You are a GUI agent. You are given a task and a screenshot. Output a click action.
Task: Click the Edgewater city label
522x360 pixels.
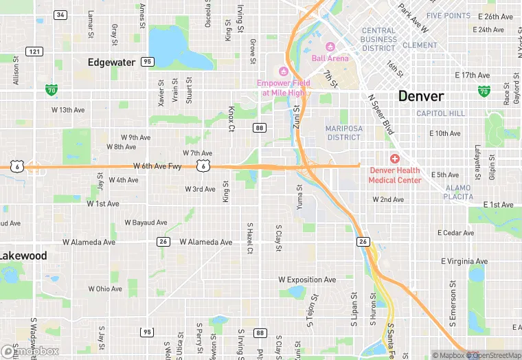coord(111,62)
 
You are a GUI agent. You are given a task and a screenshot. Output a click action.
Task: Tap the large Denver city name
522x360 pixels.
coord(421,95)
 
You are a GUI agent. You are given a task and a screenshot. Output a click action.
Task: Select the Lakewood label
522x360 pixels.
coord(23,256)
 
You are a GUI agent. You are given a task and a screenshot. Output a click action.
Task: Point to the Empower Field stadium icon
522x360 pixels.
coord(282,71)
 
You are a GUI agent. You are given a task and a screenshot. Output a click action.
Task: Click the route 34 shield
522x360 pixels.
coord(60,14)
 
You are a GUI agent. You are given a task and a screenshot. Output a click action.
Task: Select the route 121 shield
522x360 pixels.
coord(34,52)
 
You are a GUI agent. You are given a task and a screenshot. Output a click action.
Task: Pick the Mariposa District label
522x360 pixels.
coord(343,133)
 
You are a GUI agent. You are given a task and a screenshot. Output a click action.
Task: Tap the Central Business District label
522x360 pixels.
coord(378,39)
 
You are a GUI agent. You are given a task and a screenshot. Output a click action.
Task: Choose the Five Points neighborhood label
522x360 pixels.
coord(448,15)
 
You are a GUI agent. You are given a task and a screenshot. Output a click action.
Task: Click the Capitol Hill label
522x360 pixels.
coord(441,113)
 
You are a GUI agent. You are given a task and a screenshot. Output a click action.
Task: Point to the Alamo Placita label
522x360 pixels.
coord(458,192)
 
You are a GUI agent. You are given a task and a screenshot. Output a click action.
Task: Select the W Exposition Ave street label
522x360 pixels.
coord(307,280)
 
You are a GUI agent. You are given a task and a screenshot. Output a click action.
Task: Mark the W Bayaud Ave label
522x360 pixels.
coord(146,223)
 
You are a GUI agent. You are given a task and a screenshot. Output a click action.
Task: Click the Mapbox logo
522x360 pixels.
coord(30,351)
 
